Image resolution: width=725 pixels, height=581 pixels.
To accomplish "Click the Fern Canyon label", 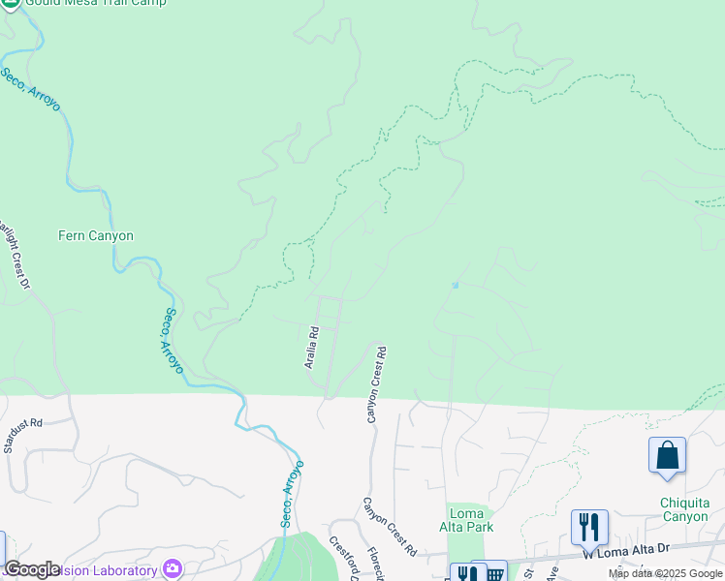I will point(96,235).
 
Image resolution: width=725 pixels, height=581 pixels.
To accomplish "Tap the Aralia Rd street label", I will point(312,347).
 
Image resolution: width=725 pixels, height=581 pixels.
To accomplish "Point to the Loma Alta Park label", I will point(471,519).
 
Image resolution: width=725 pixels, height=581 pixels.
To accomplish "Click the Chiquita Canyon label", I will point(684,509).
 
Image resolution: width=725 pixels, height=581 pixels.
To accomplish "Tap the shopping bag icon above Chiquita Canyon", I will point(668,455).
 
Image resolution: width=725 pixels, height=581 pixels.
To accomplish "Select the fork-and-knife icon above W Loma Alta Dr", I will point(589,528).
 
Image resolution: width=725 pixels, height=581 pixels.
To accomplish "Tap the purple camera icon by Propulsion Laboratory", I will point(173,569).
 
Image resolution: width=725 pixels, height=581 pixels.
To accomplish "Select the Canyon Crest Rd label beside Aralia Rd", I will point(375,384).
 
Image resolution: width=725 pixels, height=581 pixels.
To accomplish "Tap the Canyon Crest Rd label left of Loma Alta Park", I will point(390,527).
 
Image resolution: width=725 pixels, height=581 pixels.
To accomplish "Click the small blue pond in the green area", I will point(454,285).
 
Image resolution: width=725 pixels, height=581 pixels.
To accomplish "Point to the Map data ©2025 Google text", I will point(666,573).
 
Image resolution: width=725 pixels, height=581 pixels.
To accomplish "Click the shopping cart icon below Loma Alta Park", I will point(494,572).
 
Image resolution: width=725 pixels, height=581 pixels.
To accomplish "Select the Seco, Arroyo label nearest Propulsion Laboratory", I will point(292,494).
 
